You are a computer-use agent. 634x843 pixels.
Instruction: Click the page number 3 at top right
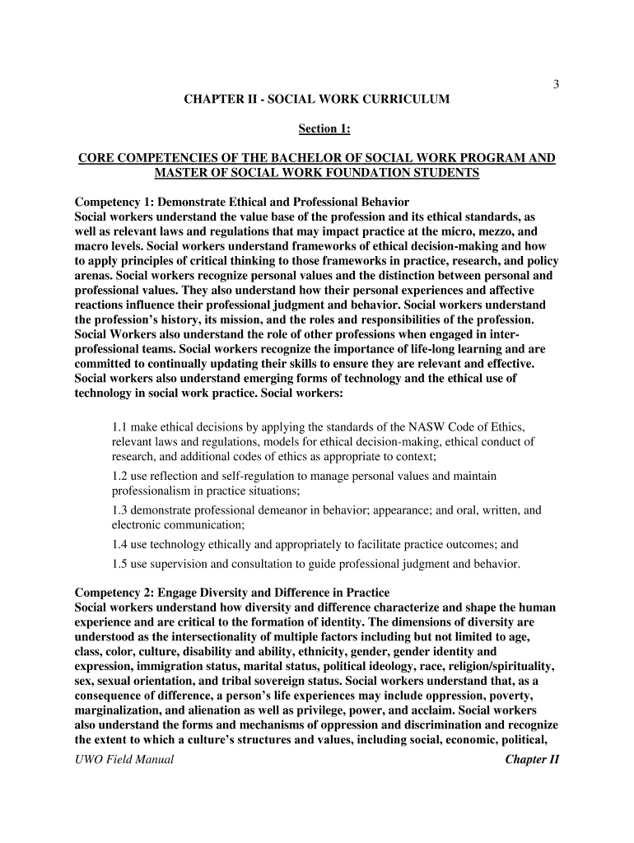[x=556, y=84]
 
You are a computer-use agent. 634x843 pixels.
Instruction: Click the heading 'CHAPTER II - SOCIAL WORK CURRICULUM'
[x=317, y=99]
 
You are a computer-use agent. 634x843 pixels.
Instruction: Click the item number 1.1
[x=119, y=426]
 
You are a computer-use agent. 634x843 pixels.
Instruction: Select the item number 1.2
[x=119, y=476]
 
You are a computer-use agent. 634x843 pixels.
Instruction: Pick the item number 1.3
[x=119, y=510]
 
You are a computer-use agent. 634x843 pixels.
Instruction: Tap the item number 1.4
[x=119, y=543]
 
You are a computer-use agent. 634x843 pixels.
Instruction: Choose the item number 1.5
[x=119, y=564]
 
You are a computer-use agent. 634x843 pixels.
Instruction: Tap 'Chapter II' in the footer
[x=532, y=759]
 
